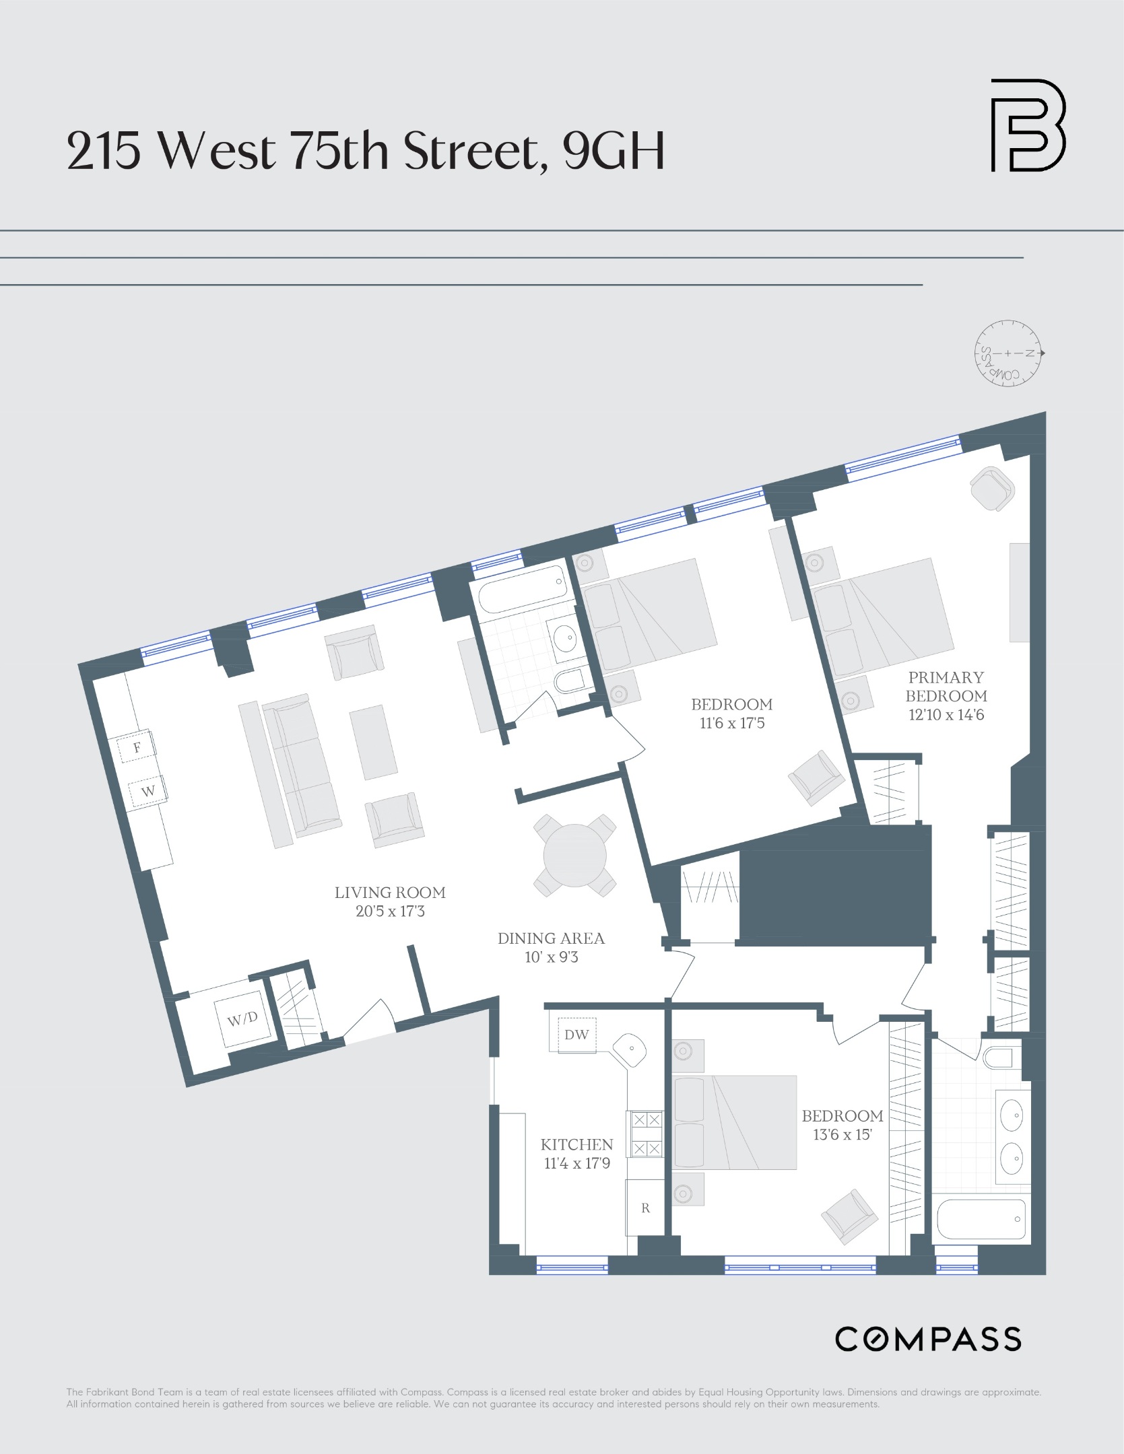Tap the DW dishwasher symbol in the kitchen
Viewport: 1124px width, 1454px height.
576,1035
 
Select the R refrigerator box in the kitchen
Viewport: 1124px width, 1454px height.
645,1208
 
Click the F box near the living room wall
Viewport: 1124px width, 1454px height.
137,747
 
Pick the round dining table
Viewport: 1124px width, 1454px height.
574,856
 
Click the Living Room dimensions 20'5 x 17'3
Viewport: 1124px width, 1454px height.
390,912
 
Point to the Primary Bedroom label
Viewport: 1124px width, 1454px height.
946,687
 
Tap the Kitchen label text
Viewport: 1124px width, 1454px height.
576,1144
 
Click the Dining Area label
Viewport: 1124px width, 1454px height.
551,938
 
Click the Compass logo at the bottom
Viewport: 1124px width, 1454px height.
927,1339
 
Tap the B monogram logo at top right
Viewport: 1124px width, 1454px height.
1027,125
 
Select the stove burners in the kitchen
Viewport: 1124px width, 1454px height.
647,1134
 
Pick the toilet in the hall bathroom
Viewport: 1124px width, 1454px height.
570,681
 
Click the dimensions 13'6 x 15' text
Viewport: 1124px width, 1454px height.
842,1135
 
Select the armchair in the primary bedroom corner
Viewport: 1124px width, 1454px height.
992,489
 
